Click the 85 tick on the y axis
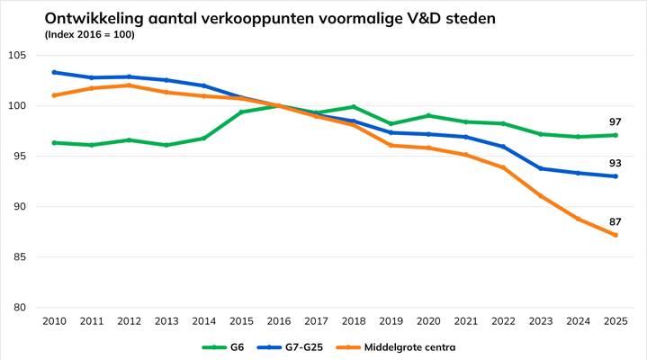(19, 257)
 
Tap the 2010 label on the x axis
(54, 320)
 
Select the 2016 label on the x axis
(278, 320)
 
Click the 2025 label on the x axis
(616, 320)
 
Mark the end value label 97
(615, 121)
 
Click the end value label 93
(615, 163)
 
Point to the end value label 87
(615, 221)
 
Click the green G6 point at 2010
(54, 142)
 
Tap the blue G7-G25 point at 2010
(54, 72)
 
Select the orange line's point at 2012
(129, 85)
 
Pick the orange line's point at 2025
(616, 235)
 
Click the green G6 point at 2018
(354, 107)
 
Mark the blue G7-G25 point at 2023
(541, 168)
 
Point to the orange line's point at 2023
(541, 196)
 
